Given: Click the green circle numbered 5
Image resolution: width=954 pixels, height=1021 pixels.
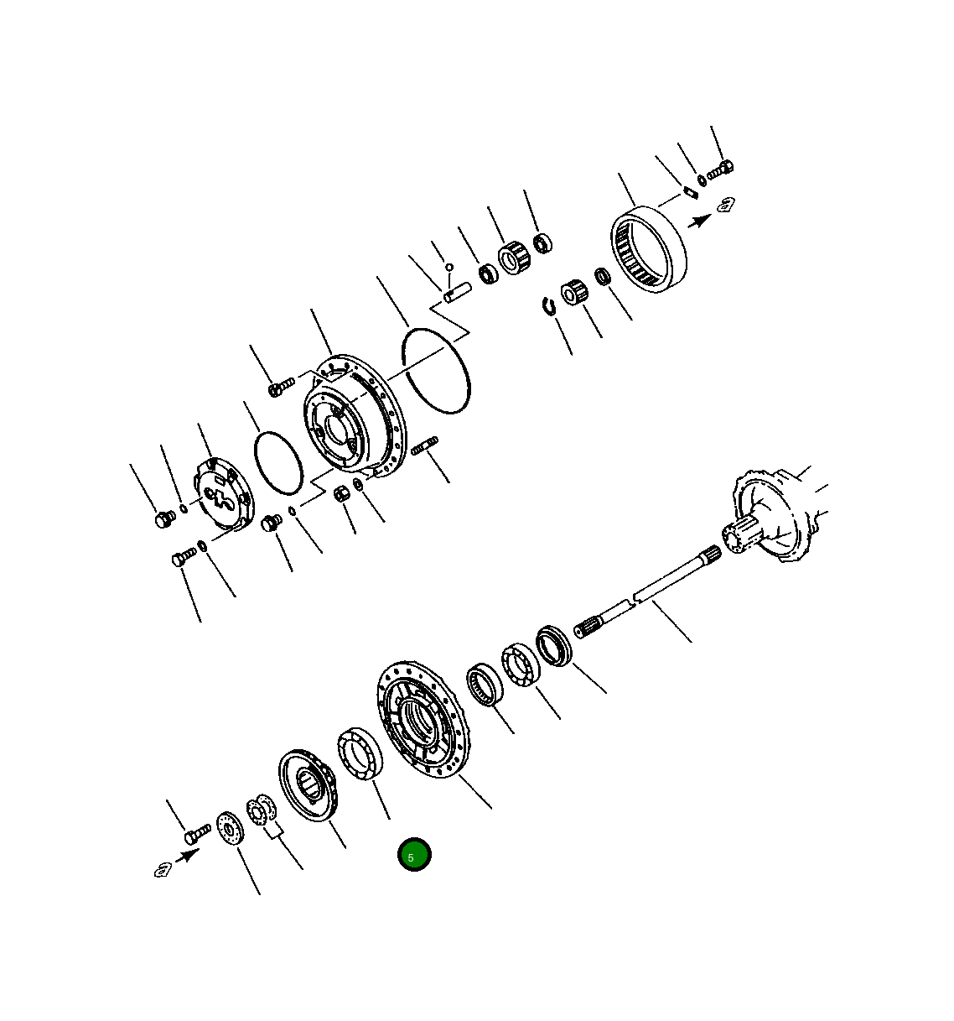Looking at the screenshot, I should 413,854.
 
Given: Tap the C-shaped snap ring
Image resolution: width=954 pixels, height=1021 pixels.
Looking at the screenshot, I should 549,307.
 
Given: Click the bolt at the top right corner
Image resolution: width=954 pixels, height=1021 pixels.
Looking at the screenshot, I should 720,170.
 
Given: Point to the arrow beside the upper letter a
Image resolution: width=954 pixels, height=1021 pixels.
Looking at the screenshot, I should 698,221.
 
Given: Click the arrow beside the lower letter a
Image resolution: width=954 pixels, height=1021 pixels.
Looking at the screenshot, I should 187,856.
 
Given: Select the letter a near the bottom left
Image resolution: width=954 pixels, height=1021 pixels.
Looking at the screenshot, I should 163,869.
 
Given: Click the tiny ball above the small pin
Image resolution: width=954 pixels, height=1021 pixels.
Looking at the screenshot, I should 449,268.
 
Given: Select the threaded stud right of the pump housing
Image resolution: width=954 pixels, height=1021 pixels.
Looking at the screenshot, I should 426,445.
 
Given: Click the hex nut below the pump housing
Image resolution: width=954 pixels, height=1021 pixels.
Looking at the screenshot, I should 342,493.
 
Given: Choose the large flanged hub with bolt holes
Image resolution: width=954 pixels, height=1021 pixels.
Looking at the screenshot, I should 419,719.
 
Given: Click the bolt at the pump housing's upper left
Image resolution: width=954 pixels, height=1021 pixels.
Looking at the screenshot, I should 280,387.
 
